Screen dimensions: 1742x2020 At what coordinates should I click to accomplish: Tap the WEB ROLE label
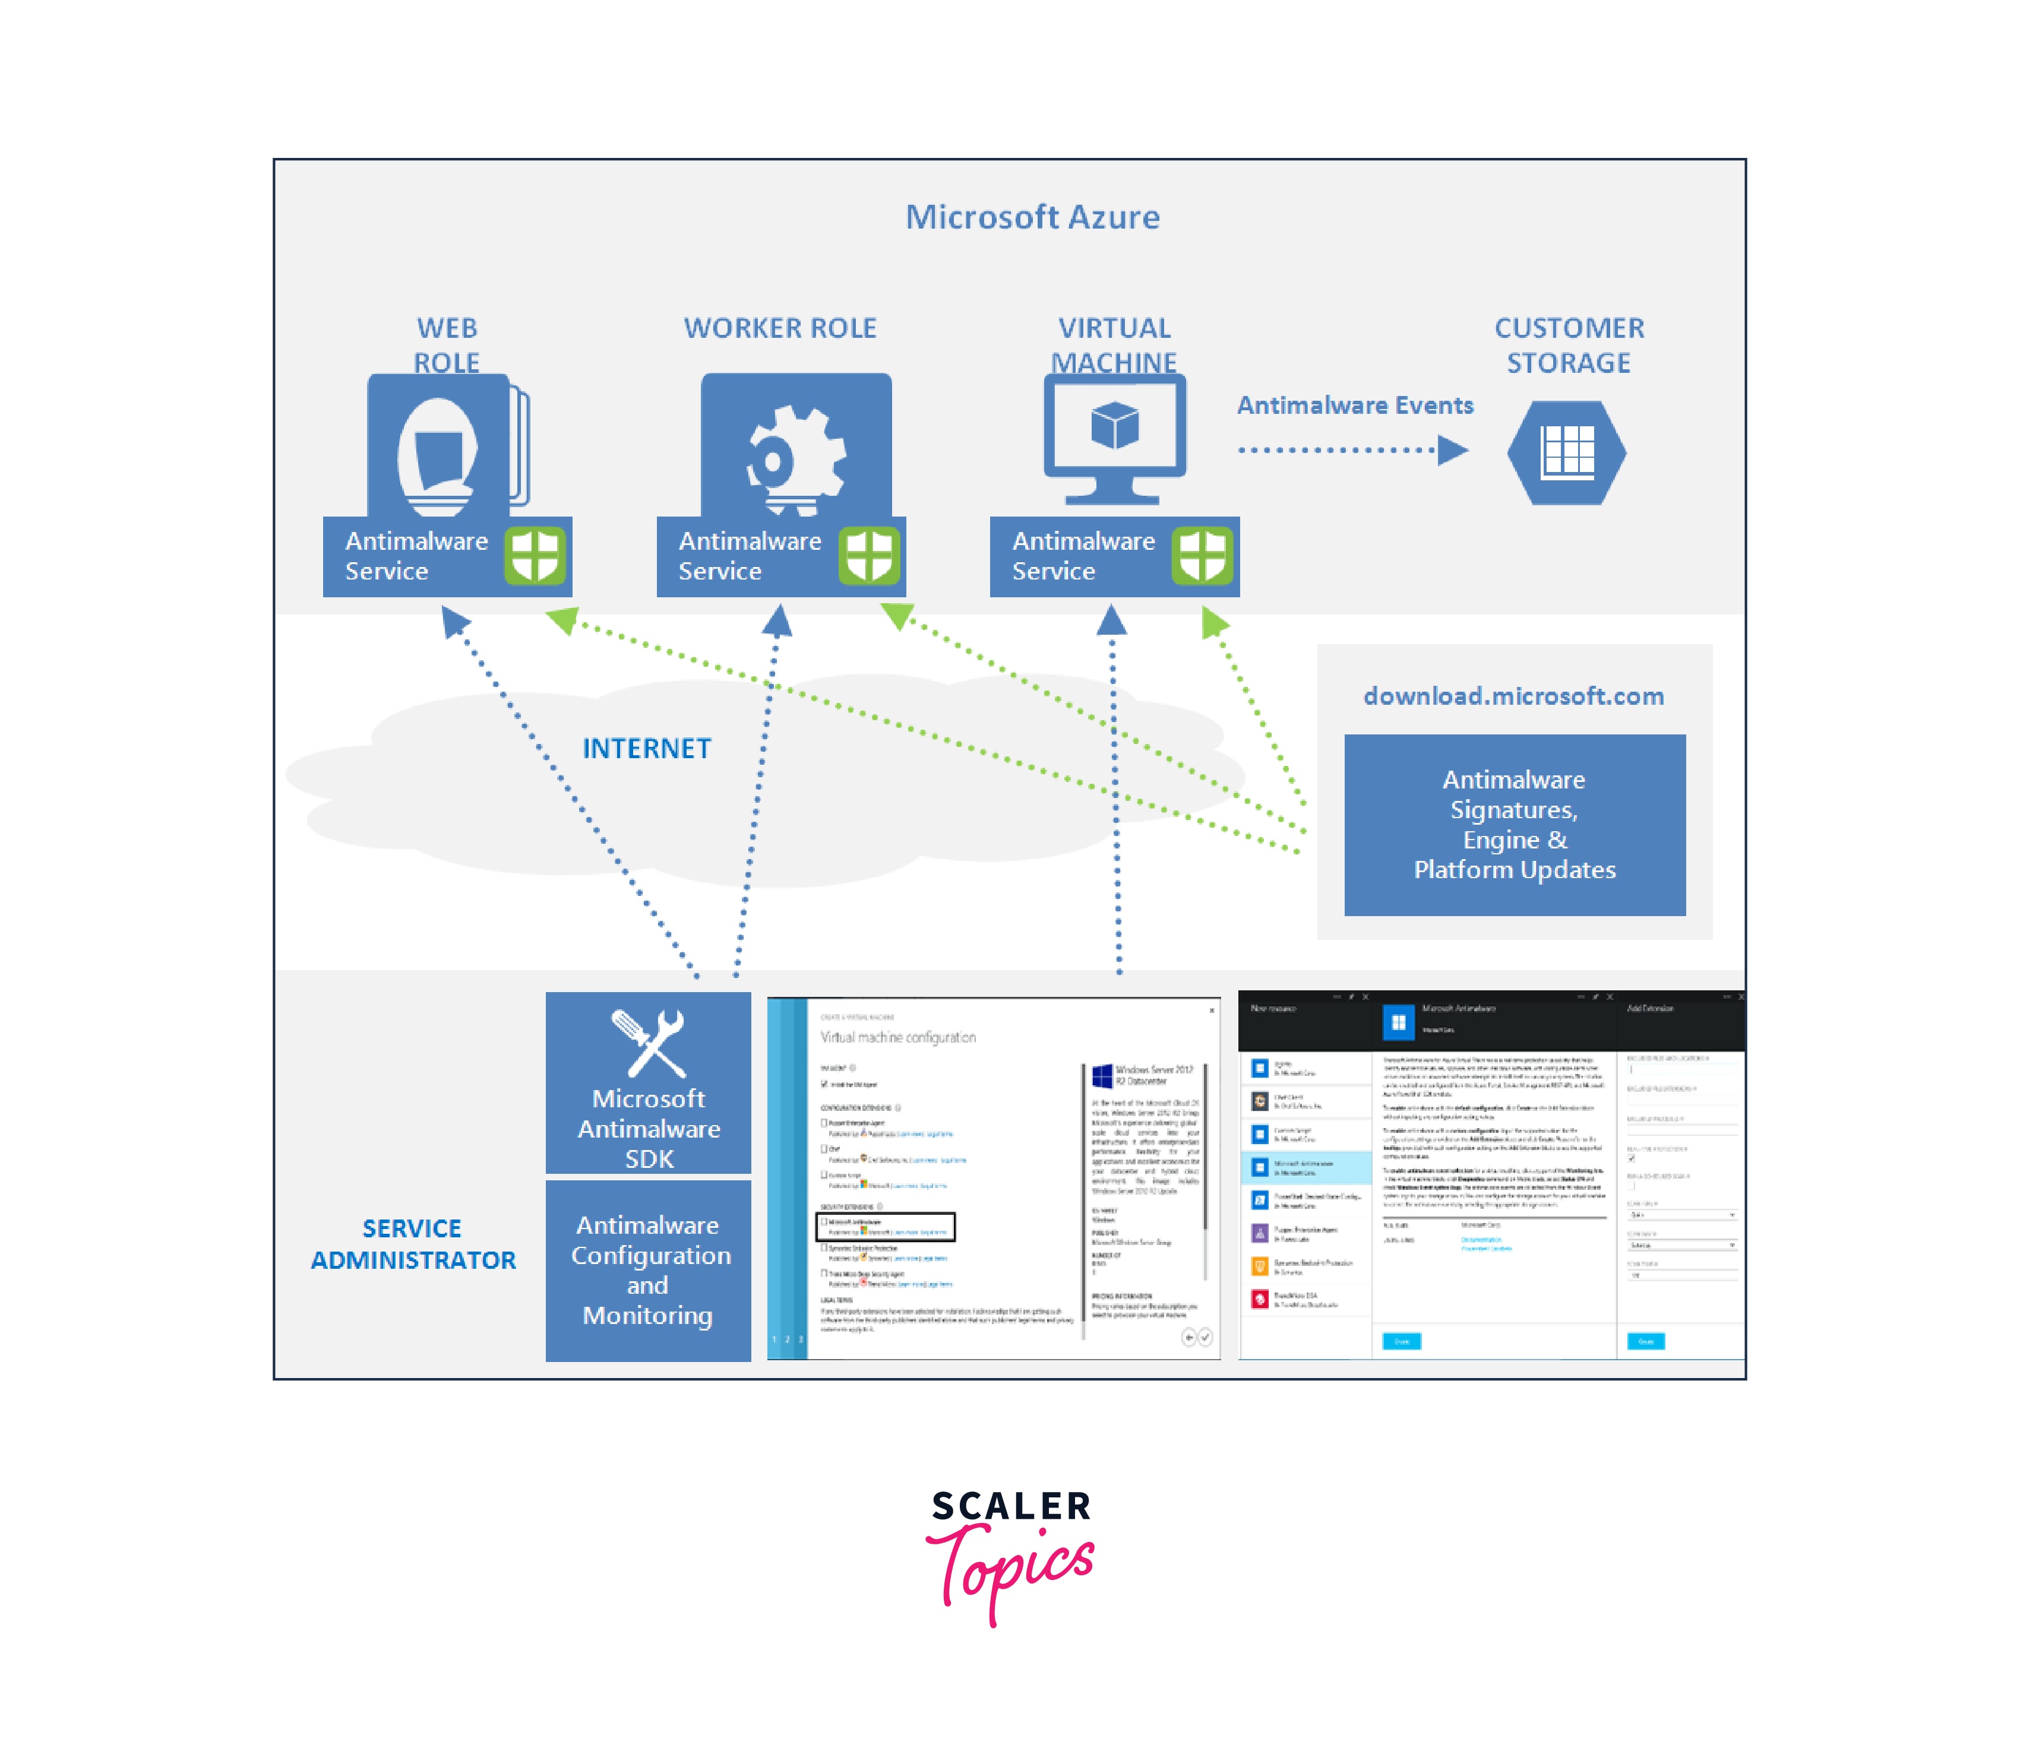[x=447, y=344]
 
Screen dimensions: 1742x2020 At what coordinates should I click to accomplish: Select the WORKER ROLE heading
[x=780, y=328]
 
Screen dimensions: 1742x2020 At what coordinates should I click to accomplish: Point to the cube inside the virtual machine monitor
[x=1114, y=425]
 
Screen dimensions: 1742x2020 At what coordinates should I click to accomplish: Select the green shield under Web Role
[x=534, y=556]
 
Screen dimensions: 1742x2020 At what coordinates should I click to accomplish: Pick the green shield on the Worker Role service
[x=868, y=556]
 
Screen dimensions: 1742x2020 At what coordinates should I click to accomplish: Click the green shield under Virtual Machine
[x=1202, y=556]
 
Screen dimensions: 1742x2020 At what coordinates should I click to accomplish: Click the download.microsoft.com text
[x=1513, y=695]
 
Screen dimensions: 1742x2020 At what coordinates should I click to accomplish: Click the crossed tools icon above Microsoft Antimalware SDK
[x=649, y=1042]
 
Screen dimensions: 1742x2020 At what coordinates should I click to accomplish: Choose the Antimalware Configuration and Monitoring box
[x=649, y=1269]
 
